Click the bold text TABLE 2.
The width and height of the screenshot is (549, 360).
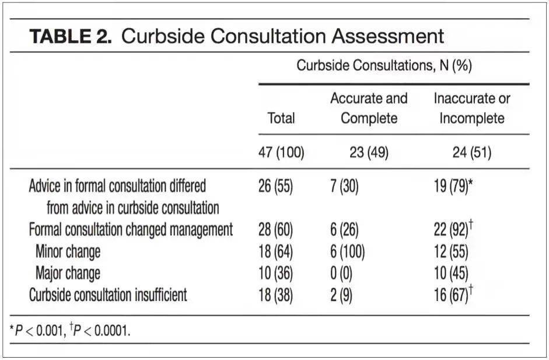tap(71, 36)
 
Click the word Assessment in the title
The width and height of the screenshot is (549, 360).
tap(387, 36)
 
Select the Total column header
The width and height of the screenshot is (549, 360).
tap(281, 118)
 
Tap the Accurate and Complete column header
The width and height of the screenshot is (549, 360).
tap(369, 108)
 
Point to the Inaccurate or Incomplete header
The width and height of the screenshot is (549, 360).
tap(471, 108)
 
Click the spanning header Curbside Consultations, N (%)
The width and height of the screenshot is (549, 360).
tap(384, 65)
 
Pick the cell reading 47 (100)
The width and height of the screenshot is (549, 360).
tap(281, 152)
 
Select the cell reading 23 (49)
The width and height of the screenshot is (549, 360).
tap(369, 152)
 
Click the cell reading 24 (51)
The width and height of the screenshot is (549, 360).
tap(471, 152)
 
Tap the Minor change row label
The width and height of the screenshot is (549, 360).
tap(68, 252)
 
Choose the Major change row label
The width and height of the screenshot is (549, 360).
tap(68, 274)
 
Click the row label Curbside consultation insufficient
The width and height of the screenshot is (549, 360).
tap(108, 295)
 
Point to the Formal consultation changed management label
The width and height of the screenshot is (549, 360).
tap(131, 230)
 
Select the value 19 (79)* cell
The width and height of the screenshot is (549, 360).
tap(453, 186)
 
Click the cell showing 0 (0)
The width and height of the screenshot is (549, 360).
tap(341, 274)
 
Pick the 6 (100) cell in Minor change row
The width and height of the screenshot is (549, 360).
tap(347, 252)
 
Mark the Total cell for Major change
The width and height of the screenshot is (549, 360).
tap(275, 274)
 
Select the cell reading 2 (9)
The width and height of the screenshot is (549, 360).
tap(341, 295)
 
